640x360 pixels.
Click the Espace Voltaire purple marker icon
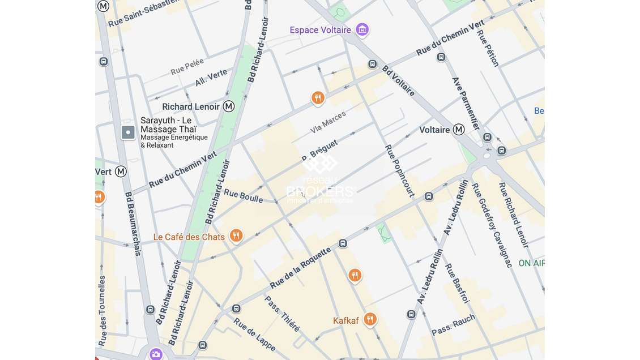click(x=362, y=29)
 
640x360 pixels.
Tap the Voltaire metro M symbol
click(x=459, y=130)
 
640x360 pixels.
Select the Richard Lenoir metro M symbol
click(x=229, y=106)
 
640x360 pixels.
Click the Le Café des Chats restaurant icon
click(x=236, y=236)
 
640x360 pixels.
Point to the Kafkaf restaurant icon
click(x=370, y=320)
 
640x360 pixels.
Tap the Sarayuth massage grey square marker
click(x=128, y=132)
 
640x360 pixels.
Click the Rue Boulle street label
click(x=243, y=196)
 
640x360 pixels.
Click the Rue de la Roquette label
click(x=300, y=268)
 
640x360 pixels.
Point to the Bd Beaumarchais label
click(x=133, y=224)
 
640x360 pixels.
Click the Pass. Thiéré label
click(x=282, y=314)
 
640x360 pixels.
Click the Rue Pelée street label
click(x=187, y=67)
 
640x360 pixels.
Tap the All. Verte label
click(x=211, y=78)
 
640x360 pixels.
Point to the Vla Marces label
click(x=328, y=123)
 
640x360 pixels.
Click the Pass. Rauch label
click(x=453, y=325)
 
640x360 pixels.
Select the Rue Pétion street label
click(x=488, y=48)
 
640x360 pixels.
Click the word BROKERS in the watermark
click(x=321, y=191)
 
